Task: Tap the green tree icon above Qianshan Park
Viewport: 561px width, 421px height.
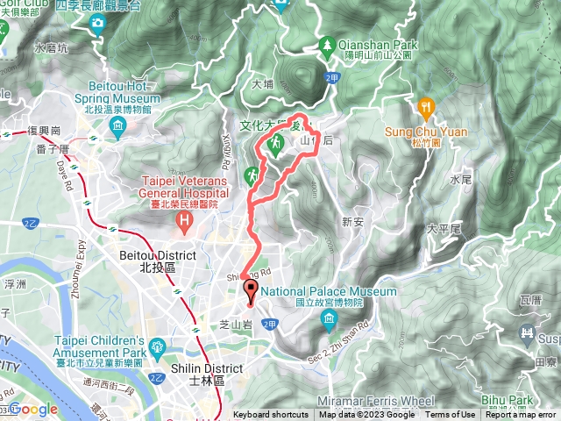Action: [x=326, y=42]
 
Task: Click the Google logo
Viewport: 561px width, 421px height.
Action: [x=32, y=409]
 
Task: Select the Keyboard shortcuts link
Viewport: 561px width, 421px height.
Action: [x=270, y=415]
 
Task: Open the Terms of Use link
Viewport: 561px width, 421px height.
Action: [x=451, y=415]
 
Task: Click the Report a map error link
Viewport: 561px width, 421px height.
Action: [x=521, y=415]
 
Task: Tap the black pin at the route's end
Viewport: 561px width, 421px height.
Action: [x=251, y=291]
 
